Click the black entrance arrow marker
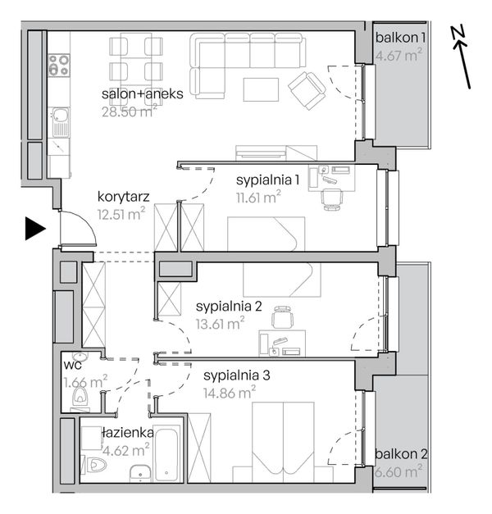(x=35, y=228)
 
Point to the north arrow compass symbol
(x=462, y=57)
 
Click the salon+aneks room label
(x=143, y=94)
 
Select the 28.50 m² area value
(x=130, y=111)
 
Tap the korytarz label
(x=123, y=197)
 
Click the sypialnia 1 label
(x=267, y=180)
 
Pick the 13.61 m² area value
(x=220, y=324)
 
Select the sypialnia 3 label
(x=236, y=375)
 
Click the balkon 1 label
(x=400, y=38)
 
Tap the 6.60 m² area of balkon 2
(x=399, y=471)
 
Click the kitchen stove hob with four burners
(x=59, y=65)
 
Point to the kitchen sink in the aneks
(x=61, y=122)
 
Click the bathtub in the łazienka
(x=166, y=453)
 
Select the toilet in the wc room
(x=80, y=396)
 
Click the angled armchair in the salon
(x=307, y=90)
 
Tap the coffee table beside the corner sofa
(x=261, y=89)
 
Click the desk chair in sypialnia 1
(x=332, y=199)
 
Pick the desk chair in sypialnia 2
(x=282, y=316)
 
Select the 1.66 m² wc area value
(x=85, y=381)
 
